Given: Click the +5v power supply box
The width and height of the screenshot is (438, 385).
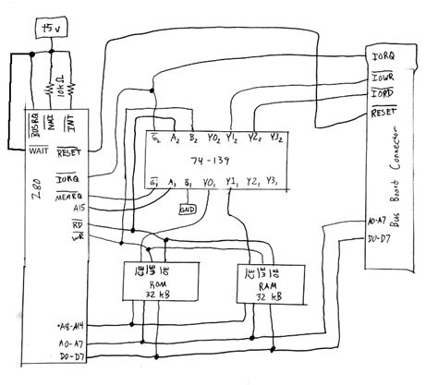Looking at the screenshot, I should tap(44, 30).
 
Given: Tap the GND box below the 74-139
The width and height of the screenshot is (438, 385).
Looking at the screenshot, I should tap(188, 208).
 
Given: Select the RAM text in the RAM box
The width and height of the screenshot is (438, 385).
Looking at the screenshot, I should tap(250, 287).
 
